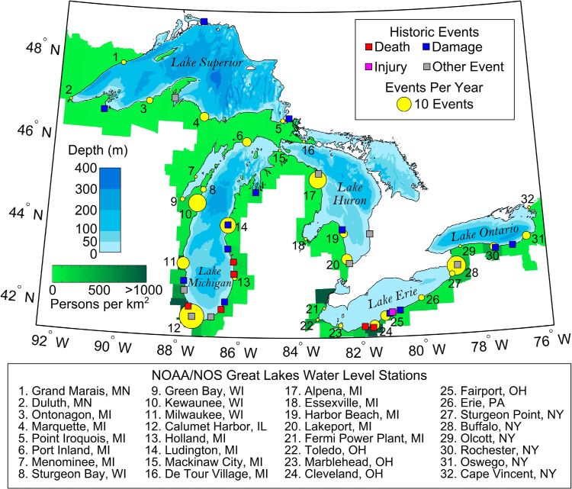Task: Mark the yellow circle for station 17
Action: pyautogui.click(x=317, y=179)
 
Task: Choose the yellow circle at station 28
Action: pyautogui.click(x=456, y=265)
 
